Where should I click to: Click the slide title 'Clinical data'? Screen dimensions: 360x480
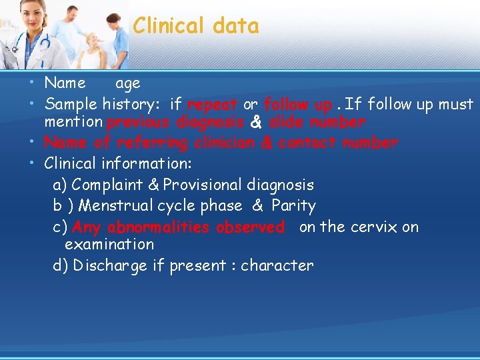click(x=195, y=26)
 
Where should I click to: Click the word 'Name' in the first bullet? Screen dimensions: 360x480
click(x=65, y=83)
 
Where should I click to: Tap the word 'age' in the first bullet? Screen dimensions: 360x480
click(x=128, y=84)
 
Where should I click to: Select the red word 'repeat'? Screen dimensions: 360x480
click(x=212, y=105)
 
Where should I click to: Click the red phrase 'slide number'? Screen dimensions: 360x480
click(x=317, y=123)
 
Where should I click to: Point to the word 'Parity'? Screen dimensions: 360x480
click(x=293, y=205)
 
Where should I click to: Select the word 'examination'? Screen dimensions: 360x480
click(x=109, y=245)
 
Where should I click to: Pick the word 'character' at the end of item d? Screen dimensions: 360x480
click(x=277, y=265)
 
